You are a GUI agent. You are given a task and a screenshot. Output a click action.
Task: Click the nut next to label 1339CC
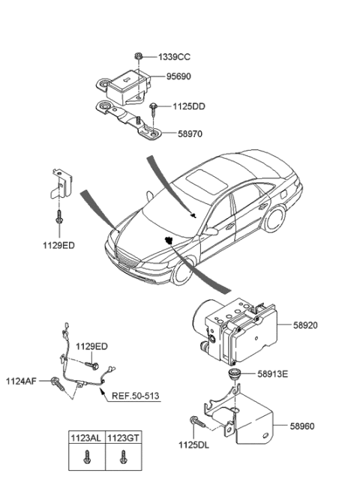(140, 55)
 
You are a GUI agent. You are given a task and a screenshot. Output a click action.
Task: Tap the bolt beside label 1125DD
(153, 109)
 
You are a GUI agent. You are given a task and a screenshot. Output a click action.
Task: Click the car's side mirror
(211, 232)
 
